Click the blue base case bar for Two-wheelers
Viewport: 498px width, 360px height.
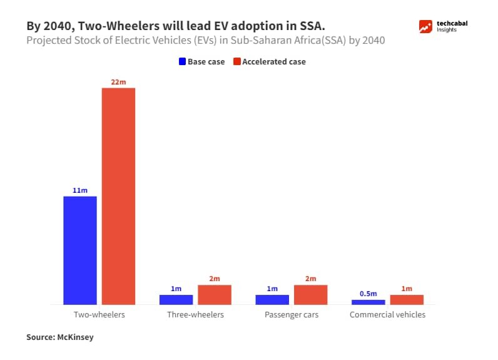coord(80,250)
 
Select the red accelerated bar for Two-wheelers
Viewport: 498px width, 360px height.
coord(119,196)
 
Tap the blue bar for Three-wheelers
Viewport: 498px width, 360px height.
coord(176,299)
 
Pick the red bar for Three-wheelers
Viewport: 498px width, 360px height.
coord(215,294)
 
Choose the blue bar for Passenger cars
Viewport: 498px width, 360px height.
coord(272,299)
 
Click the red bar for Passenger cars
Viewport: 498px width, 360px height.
coord(310,294)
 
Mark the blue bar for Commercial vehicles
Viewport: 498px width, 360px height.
coord(368,302)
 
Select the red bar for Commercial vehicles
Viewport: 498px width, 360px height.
coord(407,299)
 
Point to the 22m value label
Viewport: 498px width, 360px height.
coord(119,81)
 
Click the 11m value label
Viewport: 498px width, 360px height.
coord(80,190)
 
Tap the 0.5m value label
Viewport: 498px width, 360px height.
coord(368,293)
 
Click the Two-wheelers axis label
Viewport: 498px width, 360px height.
coord(99,315)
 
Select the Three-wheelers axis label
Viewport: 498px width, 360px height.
coord(195,315)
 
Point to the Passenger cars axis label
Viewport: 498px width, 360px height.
coord(292,315)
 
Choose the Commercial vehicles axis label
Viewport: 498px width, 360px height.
coord(387,315)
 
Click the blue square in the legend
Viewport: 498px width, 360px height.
coord(182,62)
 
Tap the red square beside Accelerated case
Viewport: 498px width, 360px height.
coord(237,62)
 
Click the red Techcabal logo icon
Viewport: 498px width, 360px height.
coord(426,27)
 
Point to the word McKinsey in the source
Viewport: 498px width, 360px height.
coord(77,337)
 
